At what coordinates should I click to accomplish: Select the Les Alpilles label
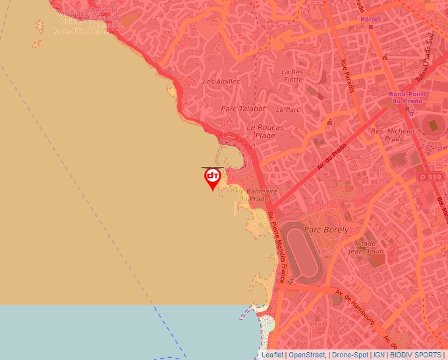pos(221,82)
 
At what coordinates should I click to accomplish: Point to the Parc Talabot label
pos(243,109)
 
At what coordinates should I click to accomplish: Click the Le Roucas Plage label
pos(266,131)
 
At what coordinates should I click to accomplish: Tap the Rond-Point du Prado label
pos(408,97)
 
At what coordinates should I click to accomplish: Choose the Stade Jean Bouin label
pos(366,247)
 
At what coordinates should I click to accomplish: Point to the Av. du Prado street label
pos(331,158)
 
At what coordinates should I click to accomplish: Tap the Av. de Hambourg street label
pos(354,307)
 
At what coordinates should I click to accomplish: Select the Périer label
pos(371,20)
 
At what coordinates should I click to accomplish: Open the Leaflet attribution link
pos(272,355)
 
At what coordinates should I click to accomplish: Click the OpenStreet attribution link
pos(306,355)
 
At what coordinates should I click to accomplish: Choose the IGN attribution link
pos(379,355)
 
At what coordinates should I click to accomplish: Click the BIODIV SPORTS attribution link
pos(416,355)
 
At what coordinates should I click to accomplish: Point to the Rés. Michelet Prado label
pos(393,135)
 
